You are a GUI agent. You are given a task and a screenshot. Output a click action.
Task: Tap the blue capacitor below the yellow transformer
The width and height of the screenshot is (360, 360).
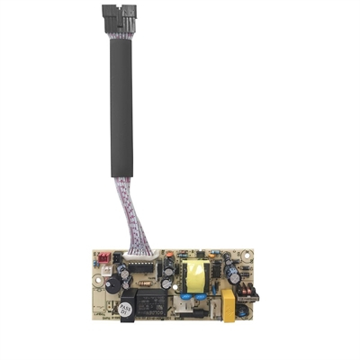(192, 293)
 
